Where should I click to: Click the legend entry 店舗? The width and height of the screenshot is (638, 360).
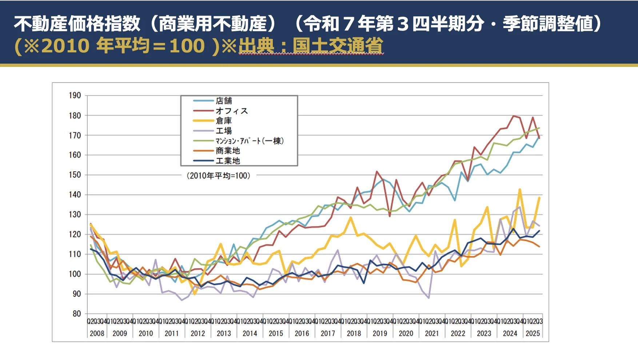223,101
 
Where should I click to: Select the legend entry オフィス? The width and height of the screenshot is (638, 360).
231,111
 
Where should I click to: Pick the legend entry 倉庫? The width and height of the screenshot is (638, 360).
223,121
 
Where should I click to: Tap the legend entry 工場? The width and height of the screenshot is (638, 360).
223,131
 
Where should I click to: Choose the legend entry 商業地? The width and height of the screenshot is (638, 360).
228,151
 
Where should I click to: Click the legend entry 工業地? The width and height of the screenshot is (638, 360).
228,161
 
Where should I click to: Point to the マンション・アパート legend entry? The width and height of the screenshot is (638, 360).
249,141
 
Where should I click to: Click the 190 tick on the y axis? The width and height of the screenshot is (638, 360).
75,96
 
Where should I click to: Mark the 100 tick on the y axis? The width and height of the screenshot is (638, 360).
75,274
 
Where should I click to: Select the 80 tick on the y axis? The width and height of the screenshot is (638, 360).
77,314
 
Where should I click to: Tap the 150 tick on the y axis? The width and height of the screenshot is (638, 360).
75,175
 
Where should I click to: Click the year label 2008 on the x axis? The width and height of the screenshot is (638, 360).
97,333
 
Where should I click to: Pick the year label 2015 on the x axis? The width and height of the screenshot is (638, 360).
276,333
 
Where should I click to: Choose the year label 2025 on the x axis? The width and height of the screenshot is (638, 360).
533,333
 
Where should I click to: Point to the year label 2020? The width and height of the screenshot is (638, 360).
406,333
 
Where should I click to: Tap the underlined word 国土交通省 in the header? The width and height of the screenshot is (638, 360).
338,46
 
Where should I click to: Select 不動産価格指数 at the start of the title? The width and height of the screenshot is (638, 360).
77,24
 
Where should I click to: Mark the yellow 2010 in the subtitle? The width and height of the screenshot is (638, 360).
65,46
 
